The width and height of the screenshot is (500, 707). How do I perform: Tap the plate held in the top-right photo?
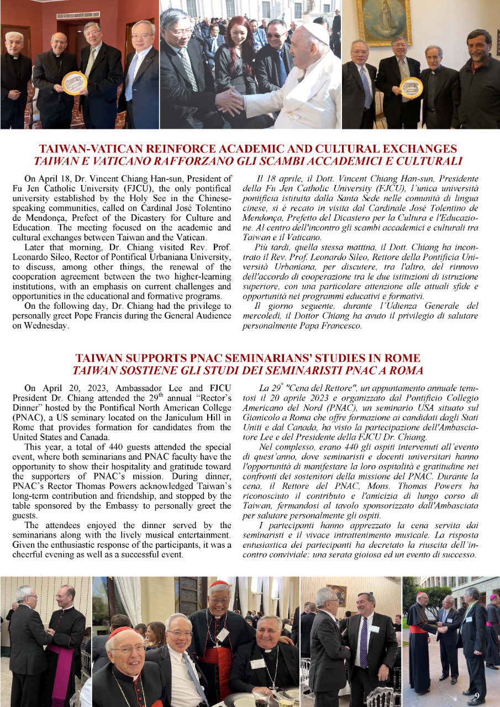point(411,87)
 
